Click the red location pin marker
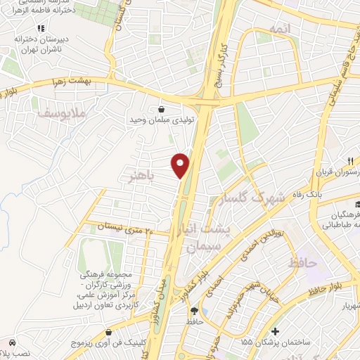pyautogui.click(x=181, y=165)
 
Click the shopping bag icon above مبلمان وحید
pyautogui.click(x=162, y=109)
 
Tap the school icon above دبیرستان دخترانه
pyautogui.click(x=41, y=27)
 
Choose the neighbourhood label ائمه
pyautogui.click(x=278, y=27)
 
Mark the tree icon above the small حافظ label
pyautogui.click(x=204, y=310)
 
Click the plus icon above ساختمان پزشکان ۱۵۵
pyautogui.click(x=275, y=331)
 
